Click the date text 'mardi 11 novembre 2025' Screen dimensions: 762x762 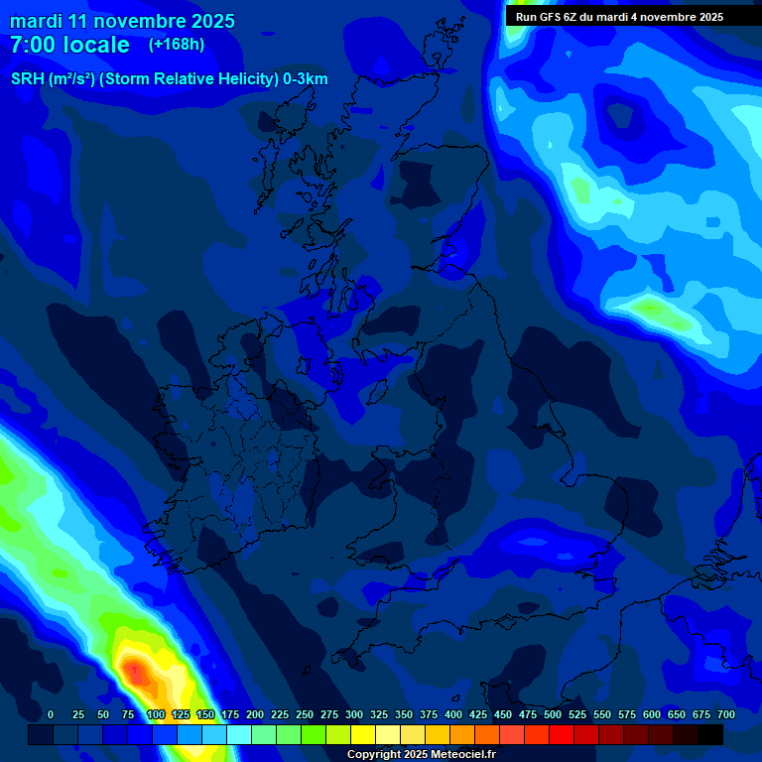[122, 21]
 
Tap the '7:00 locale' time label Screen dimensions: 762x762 [69, 45]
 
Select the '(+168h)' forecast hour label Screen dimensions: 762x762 [177, 44]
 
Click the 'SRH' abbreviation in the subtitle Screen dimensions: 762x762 [28, 79]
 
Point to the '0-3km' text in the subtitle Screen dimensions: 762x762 [305, 79]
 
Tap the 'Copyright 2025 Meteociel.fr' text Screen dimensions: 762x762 [422, 755]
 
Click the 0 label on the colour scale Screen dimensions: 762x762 [51, 714]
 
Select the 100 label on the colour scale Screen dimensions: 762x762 [156, 714]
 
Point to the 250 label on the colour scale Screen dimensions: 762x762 [305, 714]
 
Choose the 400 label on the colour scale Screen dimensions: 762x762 [453, 714]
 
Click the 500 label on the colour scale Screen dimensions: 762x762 [553, 714]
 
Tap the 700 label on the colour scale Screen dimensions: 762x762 [726, 714]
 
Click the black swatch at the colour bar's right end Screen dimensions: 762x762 [710, 734]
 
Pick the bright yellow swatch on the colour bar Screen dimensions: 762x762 [363, 734]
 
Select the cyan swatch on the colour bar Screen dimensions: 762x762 [239, 734]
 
